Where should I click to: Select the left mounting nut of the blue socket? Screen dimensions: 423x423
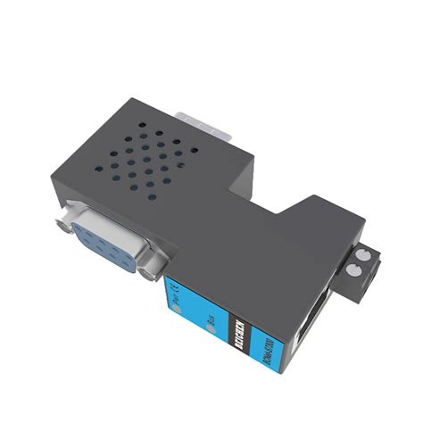[67, 217]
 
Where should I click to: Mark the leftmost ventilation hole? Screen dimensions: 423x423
[99, 164]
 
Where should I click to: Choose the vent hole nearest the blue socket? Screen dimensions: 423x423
[152, 195]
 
